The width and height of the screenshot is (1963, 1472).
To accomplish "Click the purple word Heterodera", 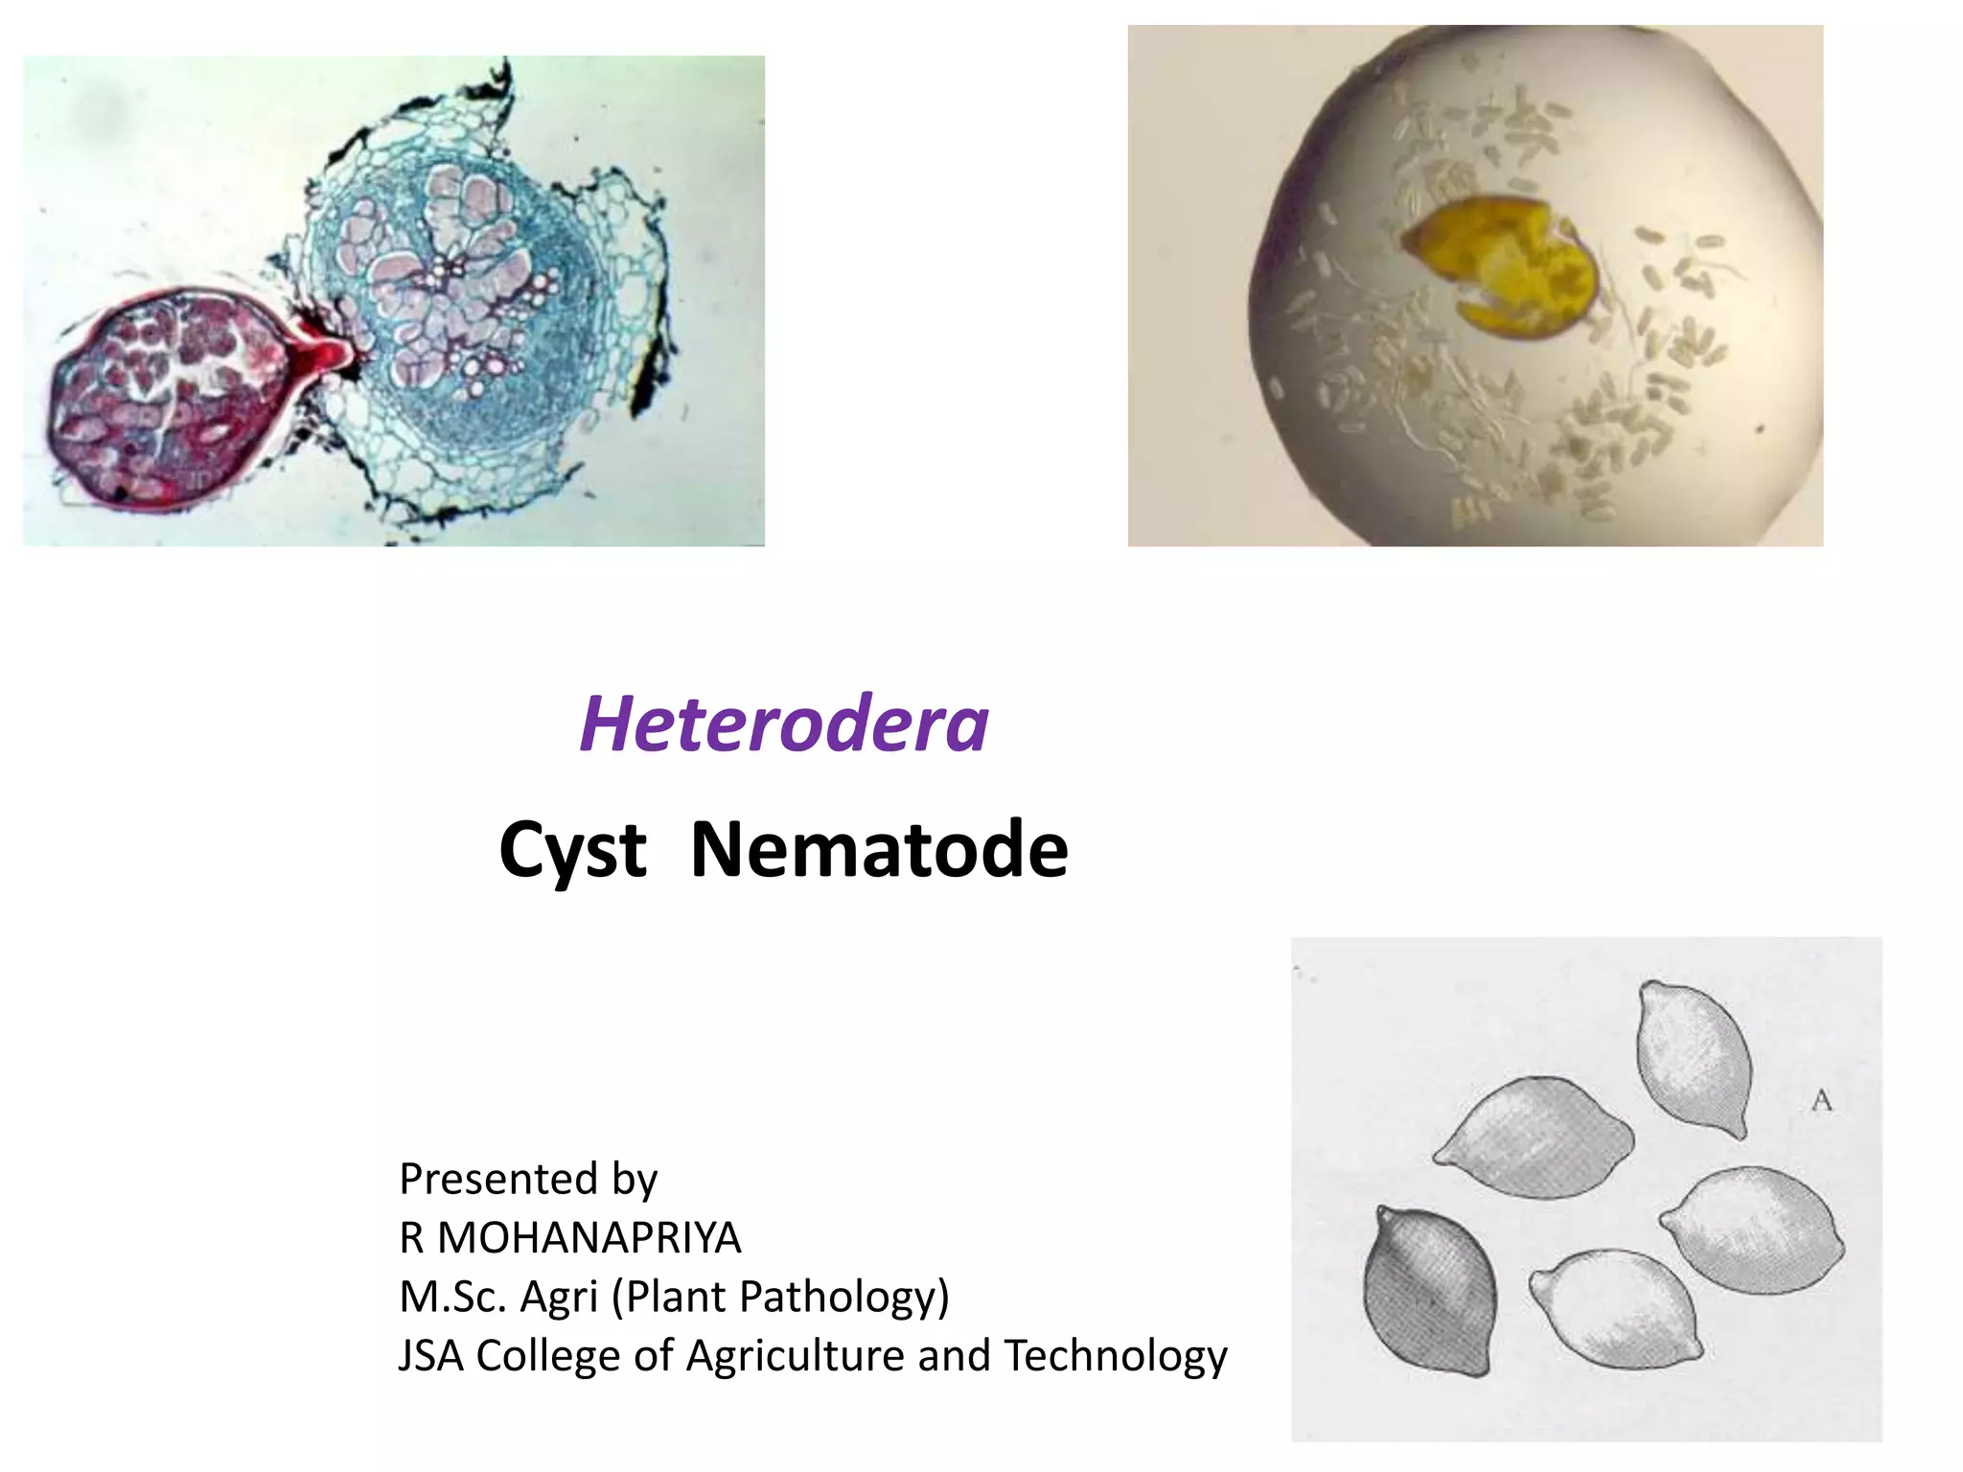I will (784, 724).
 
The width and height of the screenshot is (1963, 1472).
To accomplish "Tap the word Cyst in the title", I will (573, 849).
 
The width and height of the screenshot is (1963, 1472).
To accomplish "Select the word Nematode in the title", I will (879, 849).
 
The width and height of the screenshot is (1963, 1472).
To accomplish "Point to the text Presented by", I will (528, 1179).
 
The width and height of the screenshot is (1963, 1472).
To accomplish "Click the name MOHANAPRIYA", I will (589, 1238).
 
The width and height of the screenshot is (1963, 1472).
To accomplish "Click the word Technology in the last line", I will (1116, 1356).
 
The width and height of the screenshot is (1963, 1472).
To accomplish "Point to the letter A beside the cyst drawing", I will (1821, 1101).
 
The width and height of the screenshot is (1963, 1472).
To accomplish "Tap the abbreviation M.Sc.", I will (452, 1297).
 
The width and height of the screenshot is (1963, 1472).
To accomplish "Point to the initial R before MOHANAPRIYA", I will (411, 1238).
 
